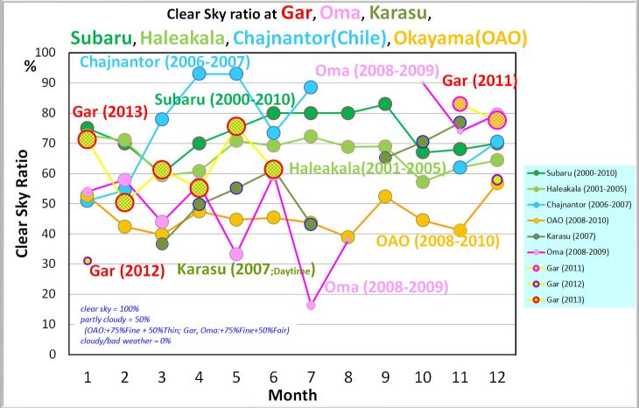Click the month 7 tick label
pyautogui.click(x=311, y=376)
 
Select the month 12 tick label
pyautogui.click(x=497, y=376)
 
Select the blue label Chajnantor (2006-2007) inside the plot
pyautogui.click(x=165, y=62)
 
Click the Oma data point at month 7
pyautogui.click(x=311, y=305)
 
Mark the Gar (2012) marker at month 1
pyautogui.click(x=88, y=261)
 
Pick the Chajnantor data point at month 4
pyautogui.click(x=200, y=74)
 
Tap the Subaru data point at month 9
pyautogui.click(x=385, y=104)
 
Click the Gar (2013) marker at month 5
pyautogui.click(x=236, y=127)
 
